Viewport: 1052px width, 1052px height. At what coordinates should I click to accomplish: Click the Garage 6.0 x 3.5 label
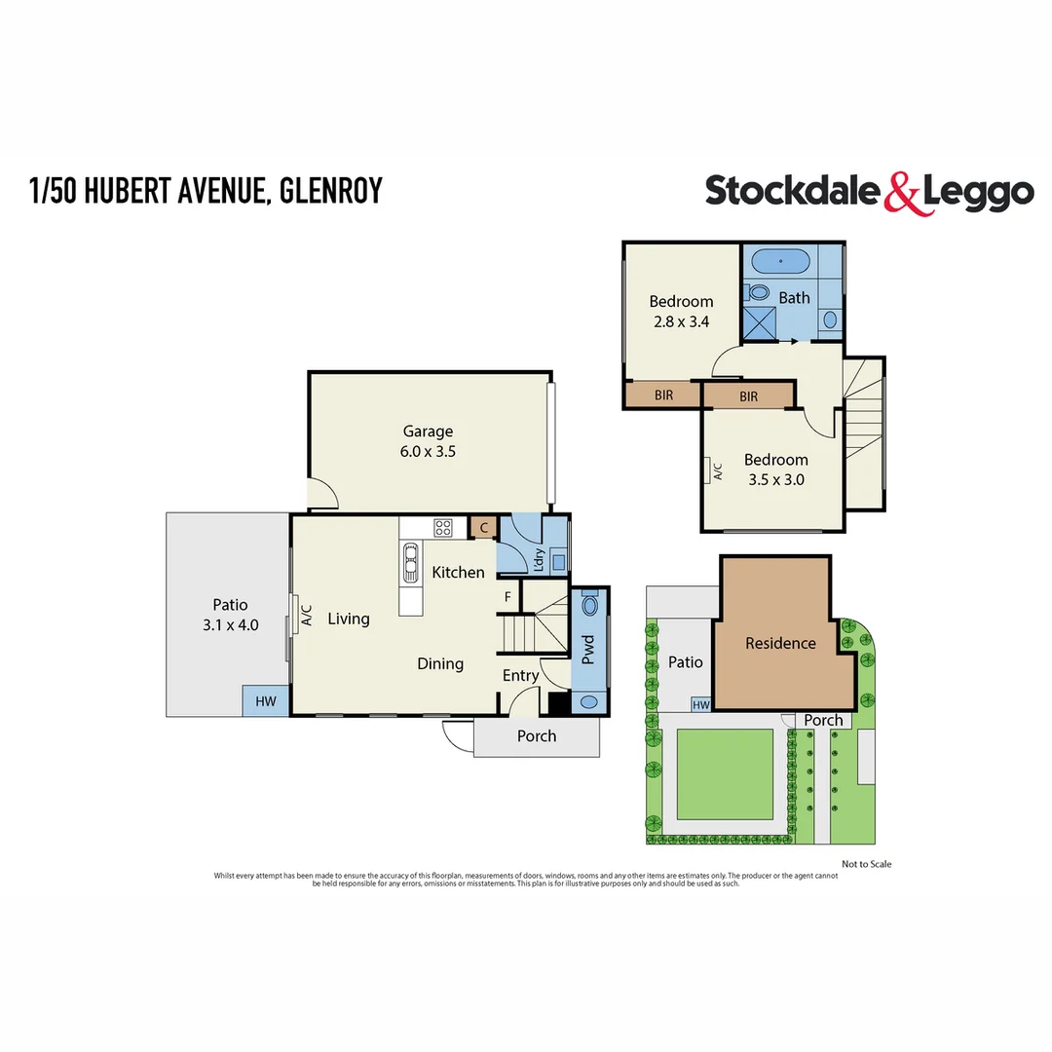coord(429,441)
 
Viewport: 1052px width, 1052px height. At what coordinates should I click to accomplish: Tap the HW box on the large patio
coord(265,701)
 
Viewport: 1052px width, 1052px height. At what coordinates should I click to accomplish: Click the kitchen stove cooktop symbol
coord(443,528)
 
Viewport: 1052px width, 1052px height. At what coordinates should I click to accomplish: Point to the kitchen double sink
coord(407,562)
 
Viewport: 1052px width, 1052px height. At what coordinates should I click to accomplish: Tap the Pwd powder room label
coord(587,651)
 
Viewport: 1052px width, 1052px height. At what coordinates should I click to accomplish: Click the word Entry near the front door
coord(520,675)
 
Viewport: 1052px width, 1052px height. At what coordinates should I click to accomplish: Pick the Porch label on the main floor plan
coord(536,736)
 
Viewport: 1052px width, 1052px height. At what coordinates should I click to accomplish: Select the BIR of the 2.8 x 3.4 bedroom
coord(662,395)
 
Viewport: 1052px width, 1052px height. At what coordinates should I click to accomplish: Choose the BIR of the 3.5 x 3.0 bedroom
coord(748,396)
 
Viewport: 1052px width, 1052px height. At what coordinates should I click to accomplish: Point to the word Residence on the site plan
coord(780,643)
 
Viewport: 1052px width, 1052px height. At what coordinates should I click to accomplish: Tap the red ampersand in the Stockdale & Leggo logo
coord(902,193)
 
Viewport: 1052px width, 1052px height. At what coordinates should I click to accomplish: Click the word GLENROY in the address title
coord(330,190)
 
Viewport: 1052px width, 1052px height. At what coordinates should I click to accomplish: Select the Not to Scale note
coord(866,864)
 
